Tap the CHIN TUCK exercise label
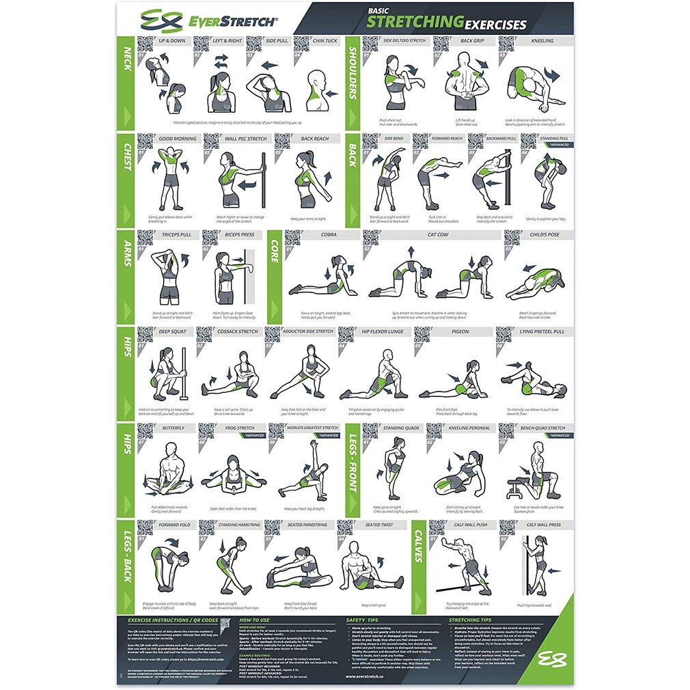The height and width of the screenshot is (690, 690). pos(325,40)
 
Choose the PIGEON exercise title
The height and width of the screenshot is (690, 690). pos(460,331)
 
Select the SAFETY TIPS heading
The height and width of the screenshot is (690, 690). pos(362,620)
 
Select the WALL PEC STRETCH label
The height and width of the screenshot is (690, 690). pos(245,138)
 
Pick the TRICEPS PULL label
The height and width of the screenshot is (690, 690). pos(176,234)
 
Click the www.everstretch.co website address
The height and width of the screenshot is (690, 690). pos(365,676)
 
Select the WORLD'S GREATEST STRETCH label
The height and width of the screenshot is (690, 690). pos(312,428)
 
